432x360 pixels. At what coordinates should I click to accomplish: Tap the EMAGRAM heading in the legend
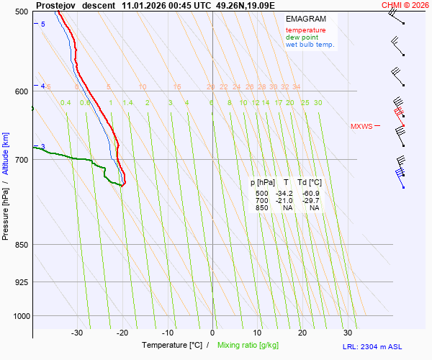[x=305, y=19]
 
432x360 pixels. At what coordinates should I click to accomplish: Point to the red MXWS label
[x=361, y=127]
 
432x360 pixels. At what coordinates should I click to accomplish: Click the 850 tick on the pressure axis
[x=22, y=245]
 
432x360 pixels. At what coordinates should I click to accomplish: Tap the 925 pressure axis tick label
[x=22, y=282]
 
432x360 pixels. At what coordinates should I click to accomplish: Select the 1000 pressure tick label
[x=20, y=316]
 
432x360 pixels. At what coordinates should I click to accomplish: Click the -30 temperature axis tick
[x=77, y=333]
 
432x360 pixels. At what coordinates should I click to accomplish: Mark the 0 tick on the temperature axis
[x=212, y=333]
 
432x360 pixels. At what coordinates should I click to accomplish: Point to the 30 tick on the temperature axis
[x=348, y=333]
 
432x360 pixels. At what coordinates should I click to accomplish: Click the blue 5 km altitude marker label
[x=42, y=24]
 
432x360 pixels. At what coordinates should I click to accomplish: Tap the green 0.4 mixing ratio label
[x=66, y=103]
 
